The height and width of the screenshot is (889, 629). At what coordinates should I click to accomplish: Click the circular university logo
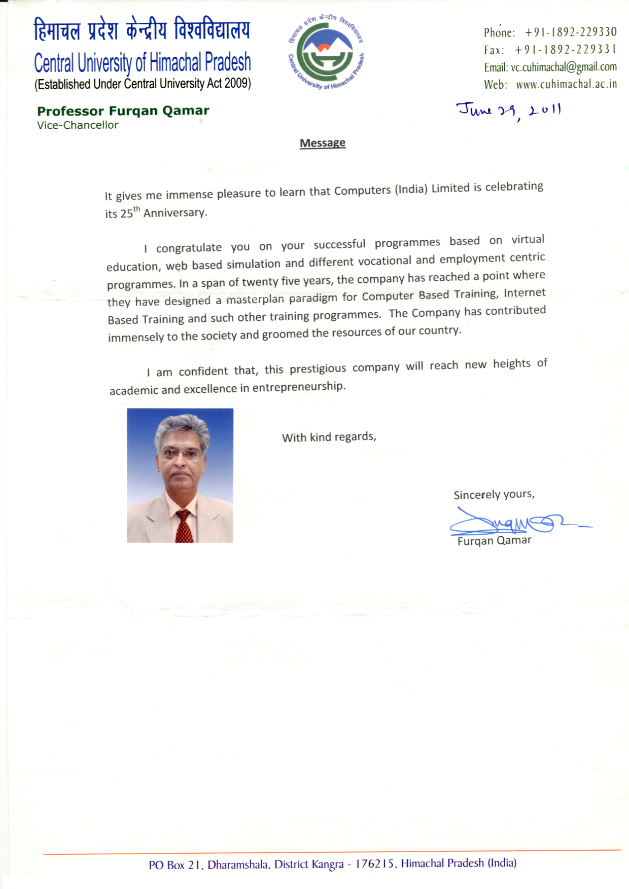click(x=326, y=53)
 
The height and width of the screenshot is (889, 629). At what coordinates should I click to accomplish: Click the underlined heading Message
click(x=323, y=143)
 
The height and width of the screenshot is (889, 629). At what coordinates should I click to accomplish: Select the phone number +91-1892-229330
click(x=571, y=32)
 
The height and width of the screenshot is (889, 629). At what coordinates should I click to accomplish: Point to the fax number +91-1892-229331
click(x=565, y=50)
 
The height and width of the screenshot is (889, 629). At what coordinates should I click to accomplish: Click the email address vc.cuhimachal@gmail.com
click(x=564, y=67)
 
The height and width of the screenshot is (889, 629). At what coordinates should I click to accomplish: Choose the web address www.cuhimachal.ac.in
click(x=566, y=84)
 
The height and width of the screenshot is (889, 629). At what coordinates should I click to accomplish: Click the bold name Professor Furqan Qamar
click(x=123, y=111)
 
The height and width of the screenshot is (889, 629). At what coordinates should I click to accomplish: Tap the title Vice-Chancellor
click(x=78, y=125)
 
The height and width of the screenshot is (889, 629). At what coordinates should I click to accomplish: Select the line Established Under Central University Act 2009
click(x=143, y=84)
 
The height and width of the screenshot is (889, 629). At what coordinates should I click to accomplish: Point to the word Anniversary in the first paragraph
click(x=175, y=213)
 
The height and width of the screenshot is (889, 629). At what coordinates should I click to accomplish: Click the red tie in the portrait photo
click(x=184, y=527)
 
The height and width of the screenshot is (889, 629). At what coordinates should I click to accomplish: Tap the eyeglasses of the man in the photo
click(x=180, y=454)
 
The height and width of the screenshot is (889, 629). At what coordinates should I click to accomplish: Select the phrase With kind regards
click(x=329, y=437)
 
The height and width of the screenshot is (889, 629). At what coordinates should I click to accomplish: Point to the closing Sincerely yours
click(x=494, y=494)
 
